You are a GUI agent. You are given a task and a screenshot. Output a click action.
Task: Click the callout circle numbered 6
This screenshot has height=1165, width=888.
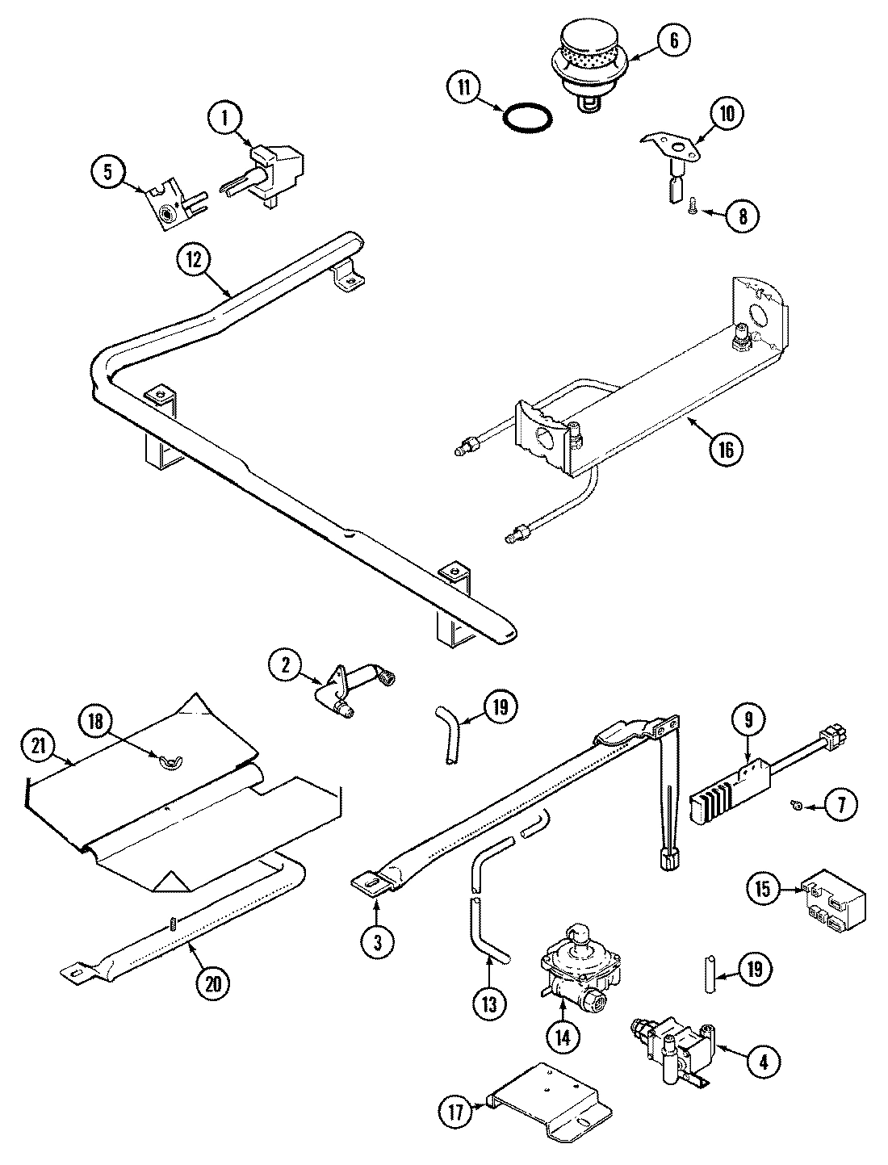674,40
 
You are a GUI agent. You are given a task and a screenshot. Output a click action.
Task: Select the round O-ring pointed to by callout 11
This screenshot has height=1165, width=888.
528,119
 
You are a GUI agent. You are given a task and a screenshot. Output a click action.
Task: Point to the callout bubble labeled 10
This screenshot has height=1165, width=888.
727,115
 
